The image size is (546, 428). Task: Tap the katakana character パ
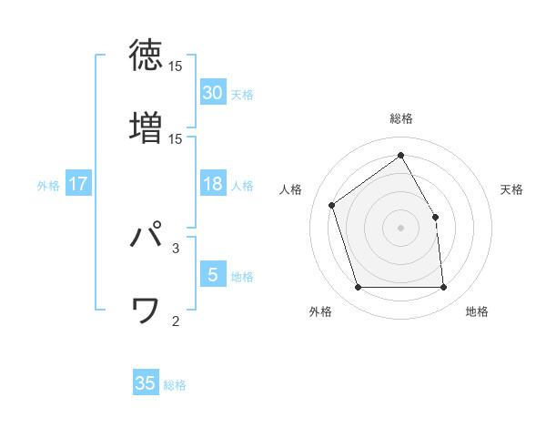[x=146, y=237]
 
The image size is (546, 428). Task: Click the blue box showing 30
[x=212, y=93]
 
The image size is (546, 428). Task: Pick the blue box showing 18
[x=212, y=184]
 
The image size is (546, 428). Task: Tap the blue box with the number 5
[x=212, y=275]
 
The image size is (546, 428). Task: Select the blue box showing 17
[x=78, y=184]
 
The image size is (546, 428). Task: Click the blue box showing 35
[x=146, y=383]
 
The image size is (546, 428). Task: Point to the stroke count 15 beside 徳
[x=176, y=67]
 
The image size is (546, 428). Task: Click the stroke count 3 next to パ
[x=176, y=247]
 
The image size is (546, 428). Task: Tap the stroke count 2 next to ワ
[x=176, y=321]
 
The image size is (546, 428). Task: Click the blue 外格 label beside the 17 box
[x=48, y=186]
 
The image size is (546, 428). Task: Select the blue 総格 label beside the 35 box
[x=175, y=385]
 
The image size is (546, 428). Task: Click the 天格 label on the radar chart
[x=511, y=189]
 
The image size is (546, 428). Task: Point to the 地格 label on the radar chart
[x=477, y=311]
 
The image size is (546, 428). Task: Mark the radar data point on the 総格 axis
[x=400, y=155]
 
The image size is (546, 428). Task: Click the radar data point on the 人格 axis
[x=333, y=205]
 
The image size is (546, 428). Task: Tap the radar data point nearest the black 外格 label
[x=359, y=288]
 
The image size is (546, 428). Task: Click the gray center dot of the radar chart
[x=400, y=227]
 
